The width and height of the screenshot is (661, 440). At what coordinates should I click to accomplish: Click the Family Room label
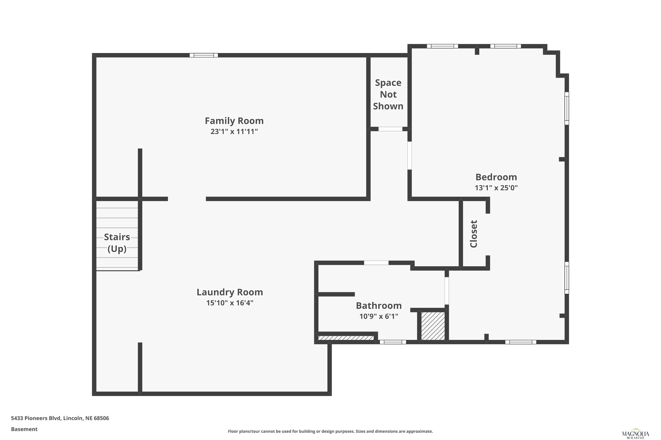pyautogui.click(x=234, y=121)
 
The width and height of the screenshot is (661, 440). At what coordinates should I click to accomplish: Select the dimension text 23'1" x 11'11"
pyautogui.click(x=234, y=131)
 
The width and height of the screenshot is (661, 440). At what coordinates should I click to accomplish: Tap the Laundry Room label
pyautogui.click(x=230, y=292)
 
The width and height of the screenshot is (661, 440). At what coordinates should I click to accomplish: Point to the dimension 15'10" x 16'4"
pyautogui.click(x=230, y=303)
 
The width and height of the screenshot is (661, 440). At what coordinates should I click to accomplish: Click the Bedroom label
pyautogui.click(x=496, y=177)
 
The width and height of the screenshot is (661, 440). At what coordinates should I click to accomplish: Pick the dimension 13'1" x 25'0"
pyautogui.click(x=496, y=188)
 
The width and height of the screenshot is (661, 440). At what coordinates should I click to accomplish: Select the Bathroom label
pyautogui.click(x=379, y=306)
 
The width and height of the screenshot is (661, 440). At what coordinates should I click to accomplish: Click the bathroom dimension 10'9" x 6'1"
pyautogui.click(x=379, y=316)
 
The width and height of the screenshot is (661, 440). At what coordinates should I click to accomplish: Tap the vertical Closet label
pyautogui.click(x=473, y=234)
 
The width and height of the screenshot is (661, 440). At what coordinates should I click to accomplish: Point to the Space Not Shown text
pyautogui.click(x=388, y=94)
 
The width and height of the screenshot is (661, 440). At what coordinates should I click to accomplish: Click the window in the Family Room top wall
pyautogui.click(x=204, y=55)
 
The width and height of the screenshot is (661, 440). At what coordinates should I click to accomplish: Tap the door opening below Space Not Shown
pyautogui.click(x=390, y=129)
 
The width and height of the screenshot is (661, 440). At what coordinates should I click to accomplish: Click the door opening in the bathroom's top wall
pyautogui.click(x=376, y=263)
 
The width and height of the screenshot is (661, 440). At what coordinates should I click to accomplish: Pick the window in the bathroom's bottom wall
pyautogui.click(x=393, y=342)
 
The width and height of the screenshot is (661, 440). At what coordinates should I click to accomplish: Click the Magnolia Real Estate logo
pyautogui.click(x=635, y=434)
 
